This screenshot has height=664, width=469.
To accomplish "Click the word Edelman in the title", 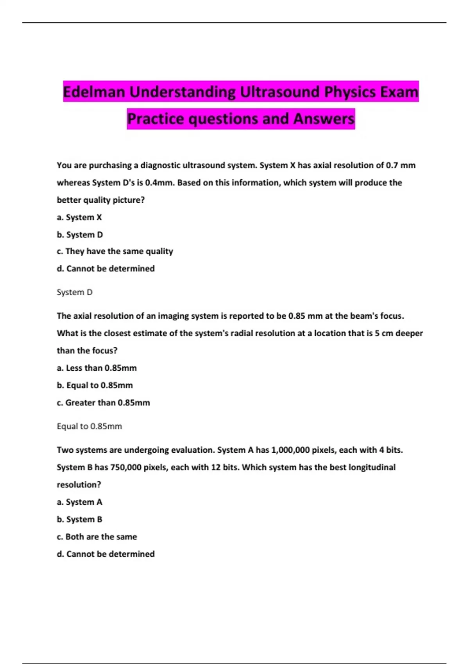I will [94, 92].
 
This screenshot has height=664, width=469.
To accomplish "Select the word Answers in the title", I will [324, 119].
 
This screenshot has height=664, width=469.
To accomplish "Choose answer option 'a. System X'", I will [79, 217].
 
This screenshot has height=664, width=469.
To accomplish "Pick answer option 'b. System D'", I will [80, 234].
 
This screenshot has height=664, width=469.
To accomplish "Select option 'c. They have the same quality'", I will [115, 251].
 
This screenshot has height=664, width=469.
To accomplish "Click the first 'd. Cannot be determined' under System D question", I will [106, 268].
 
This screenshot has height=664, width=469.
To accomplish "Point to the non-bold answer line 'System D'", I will [75, 292].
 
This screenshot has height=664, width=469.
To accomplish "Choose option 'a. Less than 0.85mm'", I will [97, 368].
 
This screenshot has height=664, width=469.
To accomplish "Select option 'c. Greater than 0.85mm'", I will [103, 402].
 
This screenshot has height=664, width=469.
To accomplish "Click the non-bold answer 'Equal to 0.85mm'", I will [89, 426].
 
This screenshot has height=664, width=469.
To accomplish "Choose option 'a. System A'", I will [79, 502].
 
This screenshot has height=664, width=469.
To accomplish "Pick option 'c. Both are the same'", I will [97, 537].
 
